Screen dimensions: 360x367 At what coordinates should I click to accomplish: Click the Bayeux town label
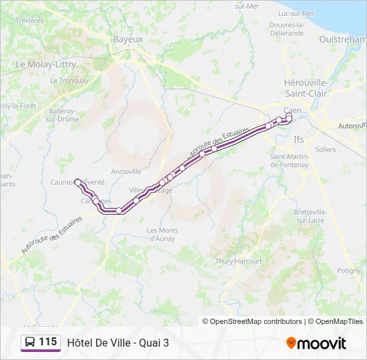[127, 39]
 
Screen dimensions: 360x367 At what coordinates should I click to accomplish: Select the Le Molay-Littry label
[45, 65]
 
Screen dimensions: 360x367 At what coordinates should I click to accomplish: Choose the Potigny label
[348, 271]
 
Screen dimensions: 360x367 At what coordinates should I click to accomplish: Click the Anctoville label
[126, 171]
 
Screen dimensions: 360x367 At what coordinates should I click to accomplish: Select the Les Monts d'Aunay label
[161, 234]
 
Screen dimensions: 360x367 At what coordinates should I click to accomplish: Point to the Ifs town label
[298, 139]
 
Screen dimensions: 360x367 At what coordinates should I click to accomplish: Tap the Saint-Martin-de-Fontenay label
[289, 161]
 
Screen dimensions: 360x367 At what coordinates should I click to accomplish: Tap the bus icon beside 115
[30, 342]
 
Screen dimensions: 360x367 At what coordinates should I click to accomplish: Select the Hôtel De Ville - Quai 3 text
[118, 343]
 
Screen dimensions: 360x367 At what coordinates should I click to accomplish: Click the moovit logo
[316, 343]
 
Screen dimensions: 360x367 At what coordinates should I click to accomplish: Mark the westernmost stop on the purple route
[77, 181]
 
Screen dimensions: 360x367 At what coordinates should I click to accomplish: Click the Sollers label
[326, 150]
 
